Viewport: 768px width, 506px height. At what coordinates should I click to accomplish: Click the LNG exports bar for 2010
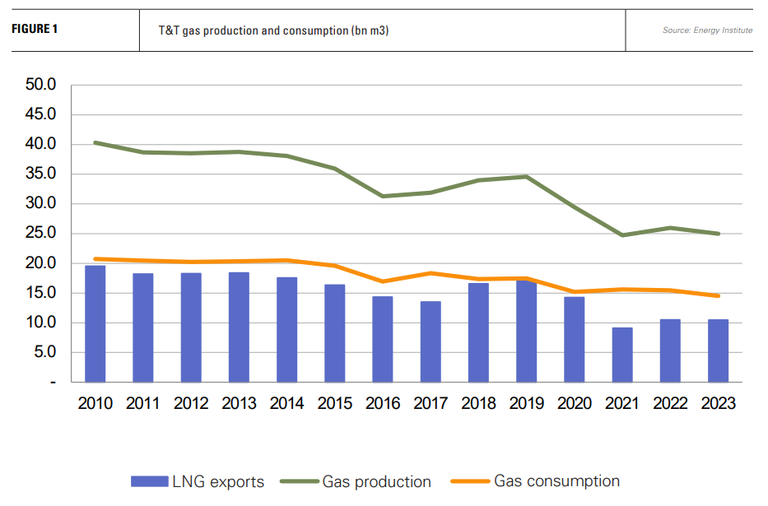click(x=95, y=324)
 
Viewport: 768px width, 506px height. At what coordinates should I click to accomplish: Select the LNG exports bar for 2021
click(x=622, y=355)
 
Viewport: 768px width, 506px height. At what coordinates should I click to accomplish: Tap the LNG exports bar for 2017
click(x=431, y=341)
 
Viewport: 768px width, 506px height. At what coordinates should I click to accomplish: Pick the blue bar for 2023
click(x=718, y=350)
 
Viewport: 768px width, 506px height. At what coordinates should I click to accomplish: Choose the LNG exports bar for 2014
click(x=286, y=330)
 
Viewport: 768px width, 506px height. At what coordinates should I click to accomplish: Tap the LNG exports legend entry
click(x=198, y=481)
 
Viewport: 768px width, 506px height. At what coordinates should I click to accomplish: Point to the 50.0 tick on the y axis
click(x=40, y=85)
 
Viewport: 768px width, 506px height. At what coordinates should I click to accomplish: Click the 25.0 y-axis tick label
click(x=40, y=234)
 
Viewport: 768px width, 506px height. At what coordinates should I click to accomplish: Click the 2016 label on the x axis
click(x=383, y=403)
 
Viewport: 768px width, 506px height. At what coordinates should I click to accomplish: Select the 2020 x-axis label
click(x=575, y=403)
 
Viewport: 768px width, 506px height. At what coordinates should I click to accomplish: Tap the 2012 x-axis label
click(x=191, y=403)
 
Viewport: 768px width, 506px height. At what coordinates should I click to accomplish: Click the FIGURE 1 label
click(x=35, y=30)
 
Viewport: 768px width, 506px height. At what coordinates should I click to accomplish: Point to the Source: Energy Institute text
click(x=707, y=30)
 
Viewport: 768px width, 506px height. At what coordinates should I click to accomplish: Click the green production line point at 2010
click(x=95, y=142)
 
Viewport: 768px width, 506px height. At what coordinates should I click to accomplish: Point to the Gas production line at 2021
click(x=622, y=235)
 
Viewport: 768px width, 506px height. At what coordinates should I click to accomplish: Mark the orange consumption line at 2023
click(x=718, y=295)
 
